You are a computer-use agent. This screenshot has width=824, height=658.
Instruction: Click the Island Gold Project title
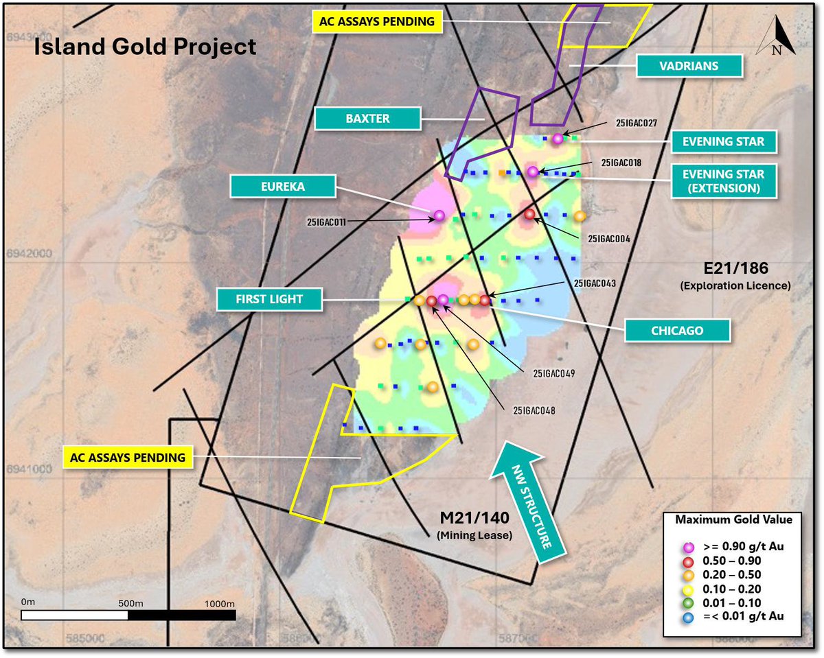pyautogui.click(x=146, y=47)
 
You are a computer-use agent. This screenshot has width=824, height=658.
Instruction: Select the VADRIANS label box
pyautogui.click(x=690, y=67)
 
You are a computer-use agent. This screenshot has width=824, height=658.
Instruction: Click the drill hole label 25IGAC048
pyautogui.click(x=534, y=410)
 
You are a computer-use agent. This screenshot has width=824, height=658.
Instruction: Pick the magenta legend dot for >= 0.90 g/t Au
pyautogui.click(x=691, y=546)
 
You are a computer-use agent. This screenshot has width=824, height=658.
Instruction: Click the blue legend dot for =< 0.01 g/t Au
pyautogui.click(x=691, y=616)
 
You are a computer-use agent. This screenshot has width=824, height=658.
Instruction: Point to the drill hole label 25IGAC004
pyautogui.click(x=609, y=239)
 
